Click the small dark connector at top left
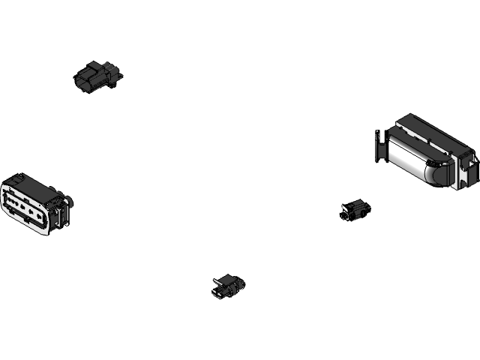click(99, 76)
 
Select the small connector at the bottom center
click(228, 286)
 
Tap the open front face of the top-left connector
click(82, 79)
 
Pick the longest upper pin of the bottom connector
click(218, 283)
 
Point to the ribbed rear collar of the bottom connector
click(238, 286)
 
